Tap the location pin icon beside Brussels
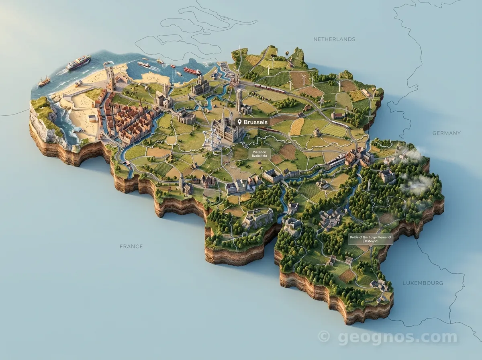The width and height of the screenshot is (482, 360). click(x=240, y=122)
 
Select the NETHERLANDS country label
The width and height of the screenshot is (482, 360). click(x=334, y=39)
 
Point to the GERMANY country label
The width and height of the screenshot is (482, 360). click(x=446, y=133)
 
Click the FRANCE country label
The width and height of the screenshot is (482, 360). click(x=131, y=246)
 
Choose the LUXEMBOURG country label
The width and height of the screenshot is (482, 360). click(x=423, y=283)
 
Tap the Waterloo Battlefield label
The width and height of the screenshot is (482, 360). click(x=259, y=154)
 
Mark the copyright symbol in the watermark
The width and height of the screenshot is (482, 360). click(x=324, y=336)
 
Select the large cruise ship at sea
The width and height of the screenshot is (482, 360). click(x=78, y=62)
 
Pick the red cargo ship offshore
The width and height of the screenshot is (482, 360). click(x=192, y=71)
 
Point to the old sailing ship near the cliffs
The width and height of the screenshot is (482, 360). click(x=44, y=82)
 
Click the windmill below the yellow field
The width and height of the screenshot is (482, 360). click(x=316, y=132)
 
